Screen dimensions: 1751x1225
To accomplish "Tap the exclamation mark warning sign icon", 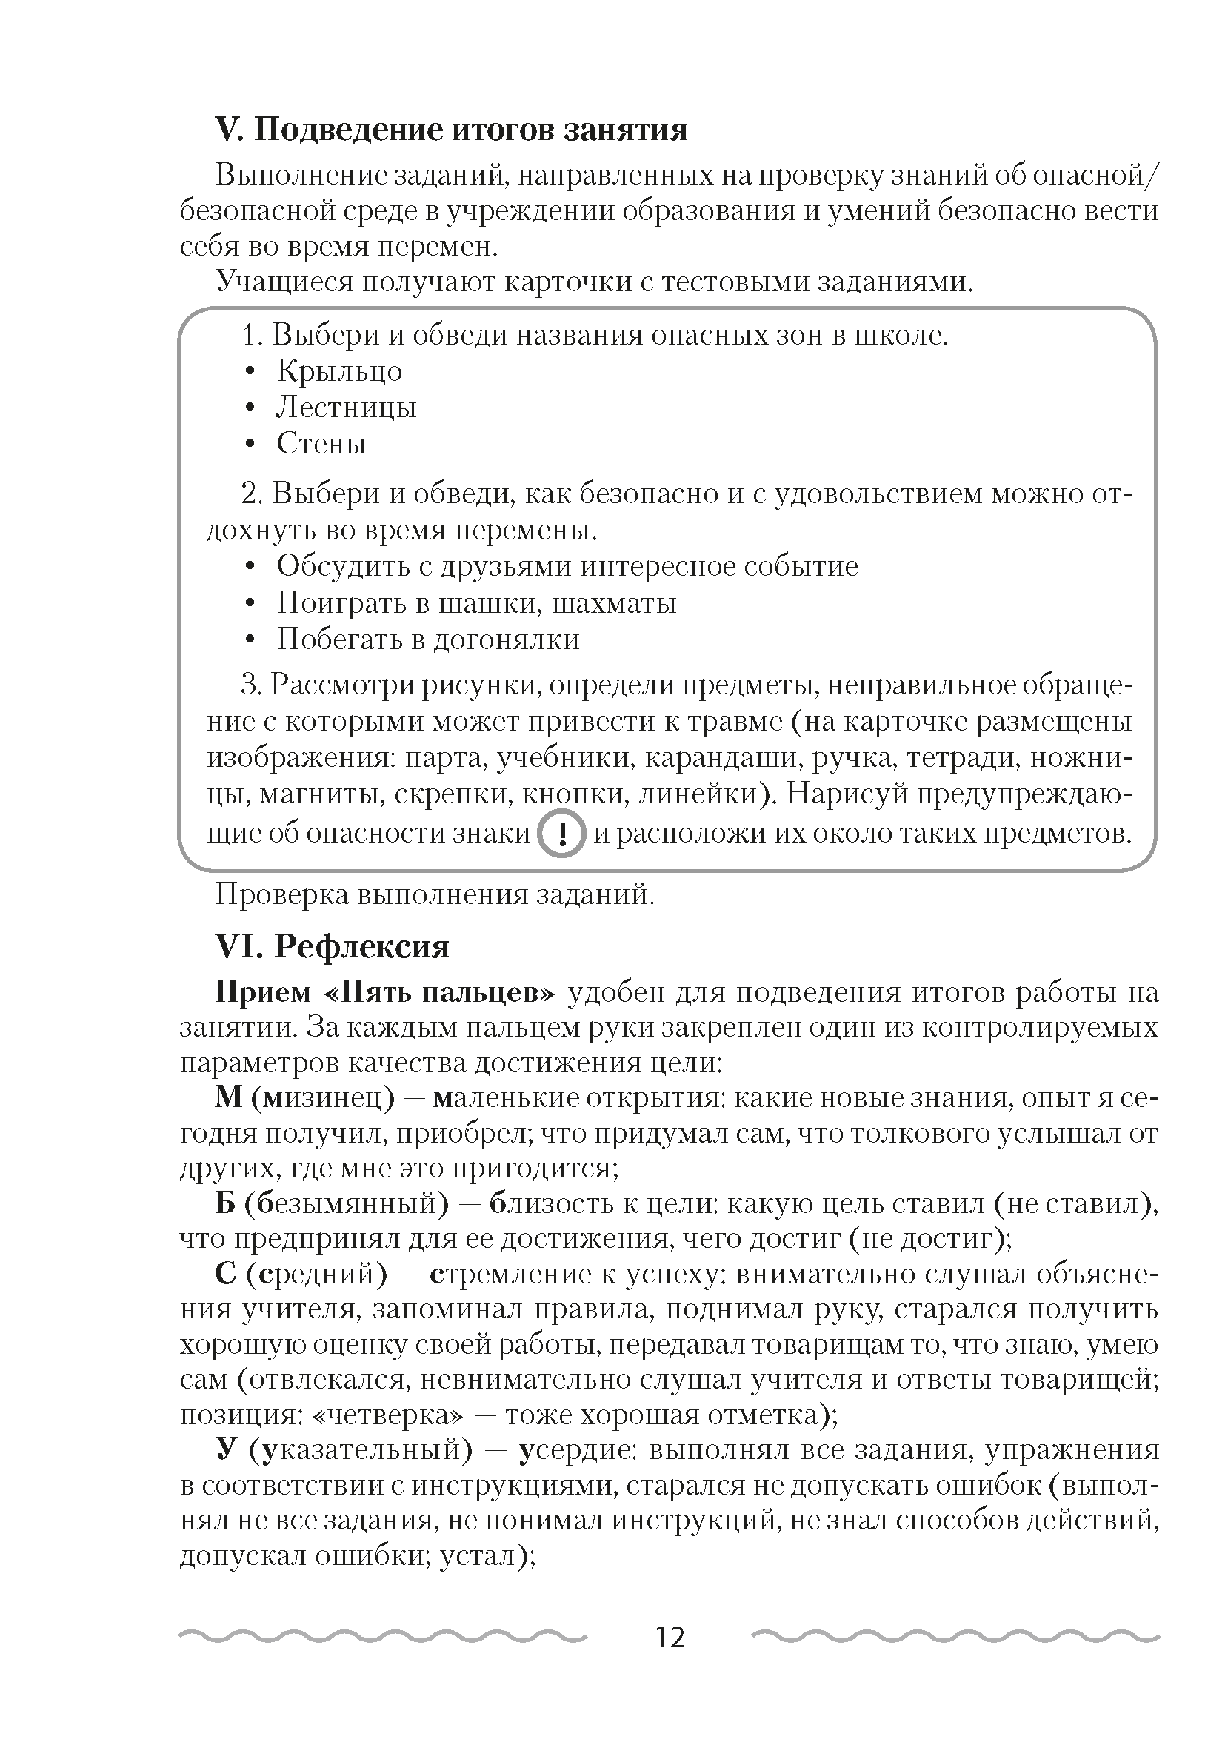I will (562, 834).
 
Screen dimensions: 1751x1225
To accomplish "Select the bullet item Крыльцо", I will (339, 371).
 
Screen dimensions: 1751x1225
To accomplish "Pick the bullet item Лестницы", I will (346, 408).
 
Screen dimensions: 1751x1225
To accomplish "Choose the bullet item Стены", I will (321, 443).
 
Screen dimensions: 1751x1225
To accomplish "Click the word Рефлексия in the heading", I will (361, 946).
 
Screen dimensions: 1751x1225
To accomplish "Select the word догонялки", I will (506, 639).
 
